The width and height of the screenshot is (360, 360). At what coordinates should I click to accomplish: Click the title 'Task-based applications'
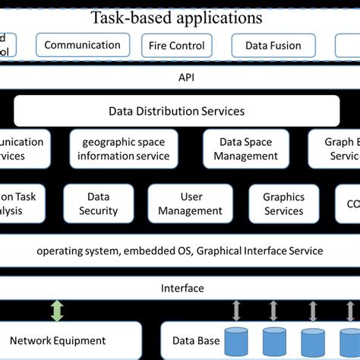coord(177,17)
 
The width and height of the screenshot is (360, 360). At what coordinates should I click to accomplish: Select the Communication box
coord(82,45)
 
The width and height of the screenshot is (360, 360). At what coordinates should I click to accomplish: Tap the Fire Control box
coord(176,46)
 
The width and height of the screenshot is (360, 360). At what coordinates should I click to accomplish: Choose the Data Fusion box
coord(273,46)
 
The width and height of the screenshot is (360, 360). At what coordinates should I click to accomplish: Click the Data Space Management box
coord(245,148)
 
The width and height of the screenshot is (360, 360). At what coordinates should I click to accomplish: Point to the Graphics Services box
coord(283,204)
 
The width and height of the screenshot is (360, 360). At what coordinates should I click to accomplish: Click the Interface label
coord(182,288)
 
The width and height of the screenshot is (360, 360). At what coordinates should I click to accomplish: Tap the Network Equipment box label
coord(58,341)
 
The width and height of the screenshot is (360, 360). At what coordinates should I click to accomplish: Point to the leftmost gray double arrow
coord(236,311)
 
